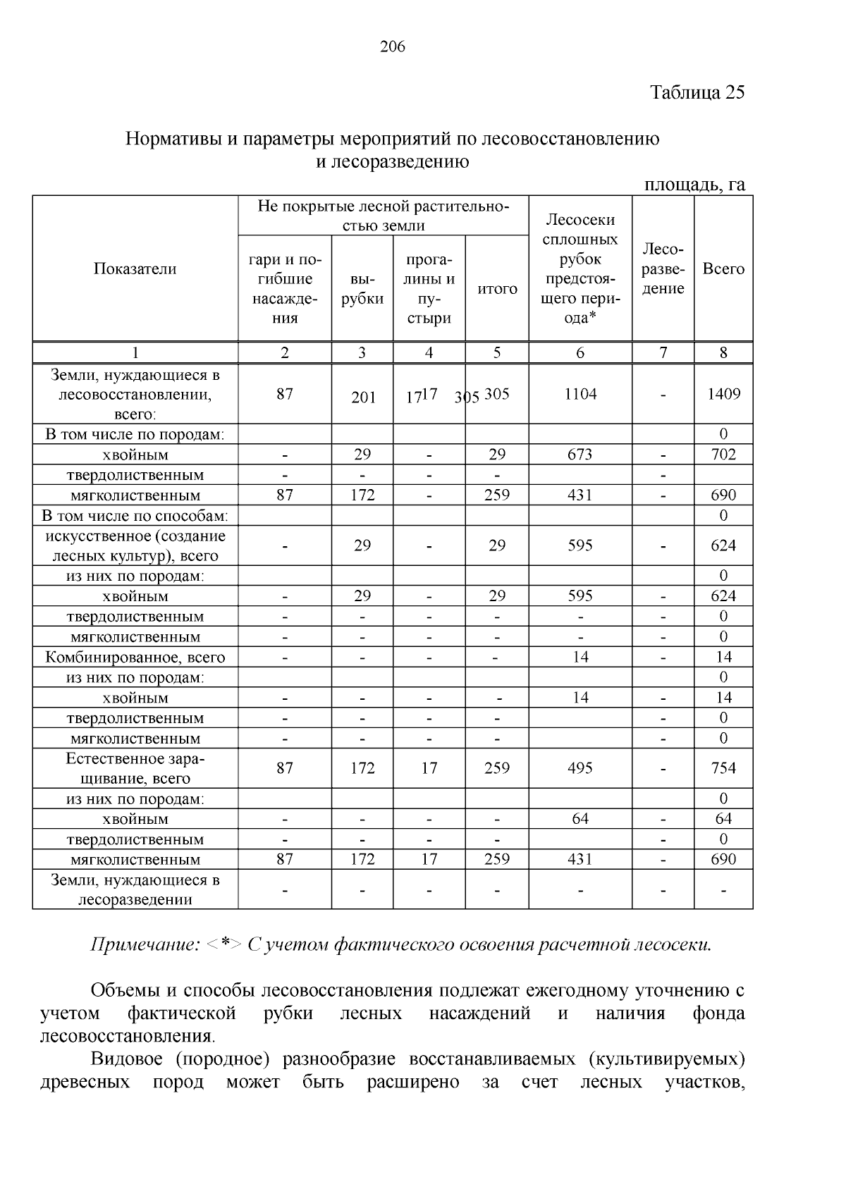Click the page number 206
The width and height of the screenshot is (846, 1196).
point(393,47)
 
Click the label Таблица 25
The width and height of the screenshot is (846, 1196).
point(697,93)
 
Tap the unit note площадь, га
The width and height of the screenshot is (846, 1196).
point(694,185)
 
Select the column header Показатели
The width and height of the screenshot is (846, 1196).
point(135,269)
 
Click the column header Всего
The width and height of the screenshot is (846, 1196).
point(723,269)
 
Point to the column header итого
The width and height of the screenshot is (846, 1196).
point(497,288)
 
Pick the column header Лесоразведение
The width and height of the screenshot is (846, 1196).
point(663,269)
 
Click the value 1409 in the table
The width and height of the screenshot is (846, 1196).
point(723,394)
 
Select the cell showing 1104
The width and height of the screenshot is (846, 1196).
point(580,394)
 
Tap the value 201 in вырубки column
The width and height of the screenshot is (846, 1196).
point(363,397)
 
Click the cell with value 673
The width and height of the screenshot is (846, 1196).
point(580,455)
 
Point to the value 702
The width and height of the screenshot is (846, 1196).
point(723,455)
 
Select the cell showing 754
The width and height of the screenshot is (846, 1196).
point(723,768)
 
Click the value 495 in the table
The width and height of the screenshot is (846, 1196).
point(580,768)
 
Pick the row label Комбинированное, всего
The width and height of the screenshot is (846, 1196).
point(135,658)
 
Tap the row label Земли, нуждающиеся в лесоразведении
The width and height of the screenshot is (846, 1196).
point(135,890)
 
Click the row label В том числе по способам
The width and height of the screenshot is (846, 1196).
point(135,516)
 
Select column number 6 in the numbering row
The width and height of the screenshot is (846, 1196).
point(580,353)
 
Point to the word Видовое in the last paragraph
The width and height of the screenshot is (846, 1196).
point(126,1059)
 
